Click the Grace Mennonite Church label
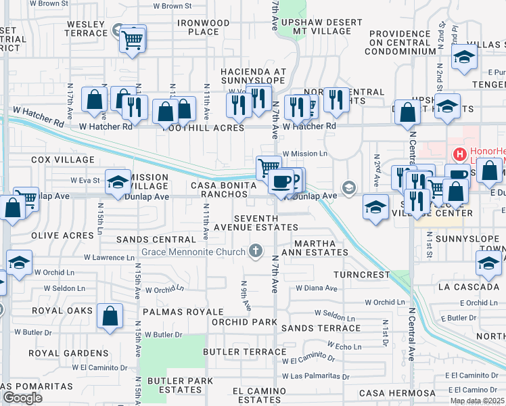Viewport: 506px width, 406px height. click(192, 252)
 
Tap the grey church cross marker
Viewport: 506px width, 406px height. click(256, 252)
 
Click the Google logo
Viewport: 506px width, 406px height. click(22, 399)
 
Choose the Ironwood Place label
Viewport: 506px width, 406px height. click(204, 27)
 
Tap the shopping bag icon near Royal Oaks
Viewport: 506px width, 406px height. click(110, 316)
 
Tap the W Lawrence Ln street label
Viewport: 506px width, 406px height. click(109, 258)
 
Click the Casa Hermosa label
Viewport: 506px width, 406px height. click(397, 393)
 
